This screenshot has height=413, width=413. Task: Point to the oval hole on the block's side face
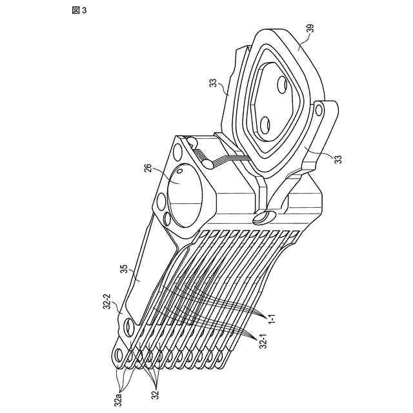[x=263, y=216]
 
